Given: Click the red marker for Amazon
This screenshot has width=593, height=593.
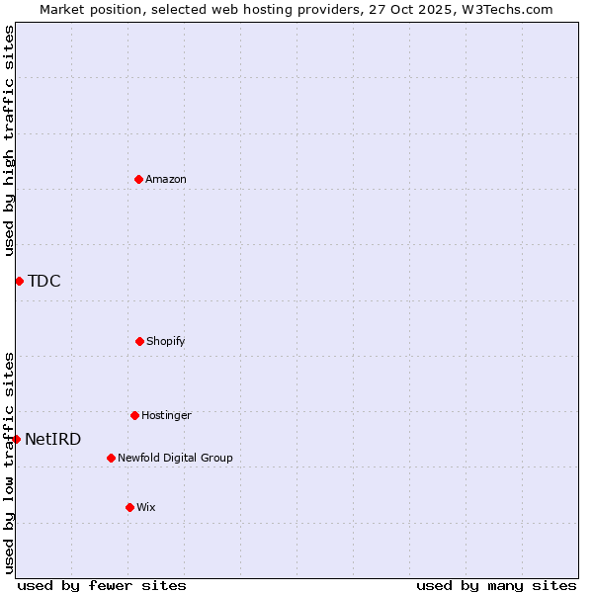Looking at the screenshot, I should [x=138, y=179].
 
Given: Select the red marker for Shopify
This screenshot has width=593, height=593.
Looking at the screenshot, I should [x=139, y=341].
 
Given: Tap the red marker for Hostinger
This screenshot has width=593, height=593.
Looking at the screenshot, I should [x=134, y=415].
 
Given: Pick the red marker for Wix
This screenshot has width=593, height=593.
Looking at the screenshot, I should [x=129, y=507].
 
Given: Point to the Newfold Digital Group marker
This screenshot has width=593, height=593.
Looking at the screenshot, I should [x=111, y=458].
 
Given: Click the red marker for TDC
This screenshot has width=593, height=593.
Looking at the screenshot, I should [x=19, y=281].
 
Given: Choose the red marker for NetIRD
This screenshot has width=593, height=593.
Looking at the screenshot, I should [x=16, y=439].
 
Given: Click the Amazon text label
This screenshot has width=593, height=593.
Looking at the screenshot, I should [x=166, y=179].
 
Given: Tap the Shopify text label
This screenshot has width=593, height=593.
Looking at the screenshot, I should [x=166, y=341].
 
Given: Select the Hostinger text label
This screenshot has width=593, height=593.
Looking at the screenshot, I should [x=166, y=415].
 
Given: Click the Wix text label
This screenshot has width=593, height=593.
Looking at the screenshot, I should [x=146, y=507].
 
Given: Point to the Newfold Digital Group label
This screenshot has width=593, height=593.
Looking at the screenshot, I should [x=175, y=458].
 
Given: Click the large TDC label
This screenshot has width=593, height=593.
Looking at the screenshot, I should [x=44, y=281].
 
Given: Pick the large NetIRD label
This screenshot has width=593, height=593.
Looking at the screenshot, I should [x=53, y=439].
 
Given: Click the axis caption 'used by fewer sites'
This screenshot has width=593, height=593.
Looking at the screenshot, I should [x=102, y=585].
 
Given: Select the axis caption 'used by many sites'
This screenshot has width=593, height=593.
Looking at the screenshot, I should [x=496, y=585].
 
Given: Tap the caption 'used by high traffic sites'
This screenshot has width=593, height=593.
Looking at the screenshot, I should [x=9, y=140].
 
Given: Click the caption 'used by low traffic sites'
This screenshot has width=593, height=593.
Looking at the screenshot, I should [x=9, y=463].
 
